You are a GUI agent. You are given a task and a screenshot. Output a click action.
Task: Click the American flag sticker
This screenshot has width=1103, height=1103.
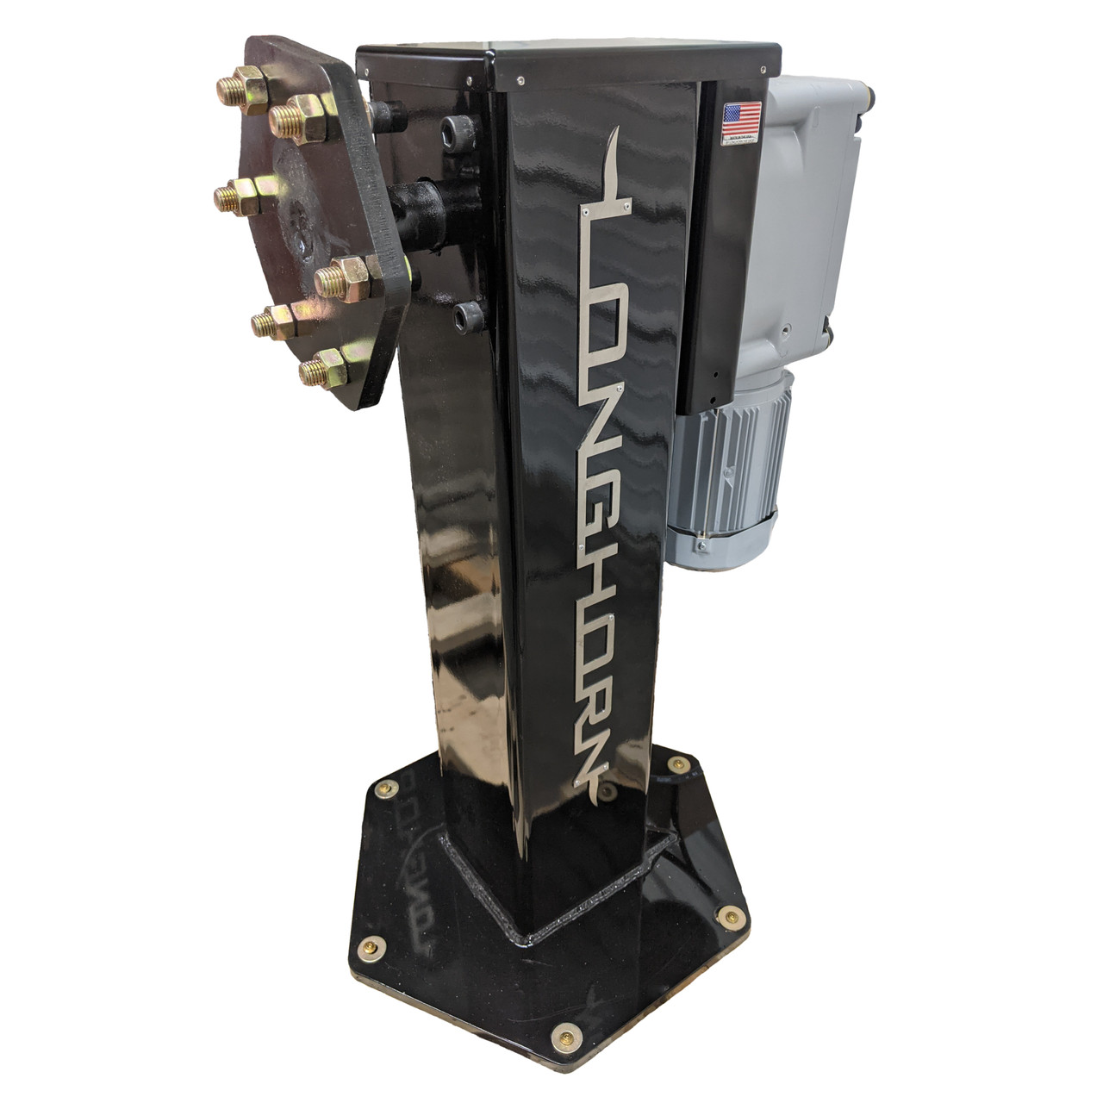click(742, 116)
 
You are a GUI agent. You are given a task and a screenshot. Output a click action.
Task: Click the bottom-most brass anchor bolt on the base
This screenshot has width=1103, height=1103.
click(566, 1033)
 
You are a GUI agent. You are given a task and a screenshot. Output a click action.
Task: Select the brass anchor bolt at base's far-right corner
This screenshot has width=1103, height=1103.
click(732, 916)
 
